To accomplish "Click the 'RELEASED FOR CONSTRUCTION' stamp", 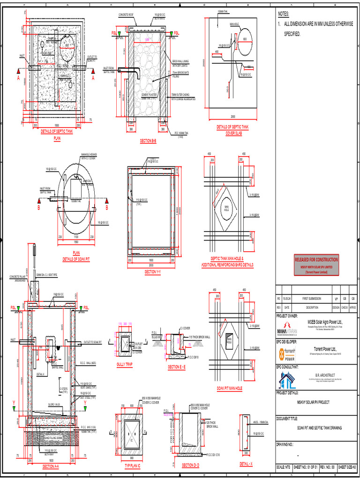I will [x=316, y=260].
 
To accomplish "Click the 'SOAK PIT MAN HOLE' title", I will [x=229, y=389].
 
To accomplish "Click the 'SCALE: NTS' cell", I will [x=284, y=467].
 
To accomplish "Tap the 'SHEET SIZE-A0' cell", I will [x=349, y=467].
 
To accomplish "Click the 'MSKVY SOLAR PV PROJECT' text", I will [x=316, y=402].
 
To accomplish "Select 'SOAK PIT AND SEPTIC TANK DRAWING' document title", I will [x=316, y=427].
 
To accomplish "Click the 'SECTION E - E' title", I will [x=177, y=367].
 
